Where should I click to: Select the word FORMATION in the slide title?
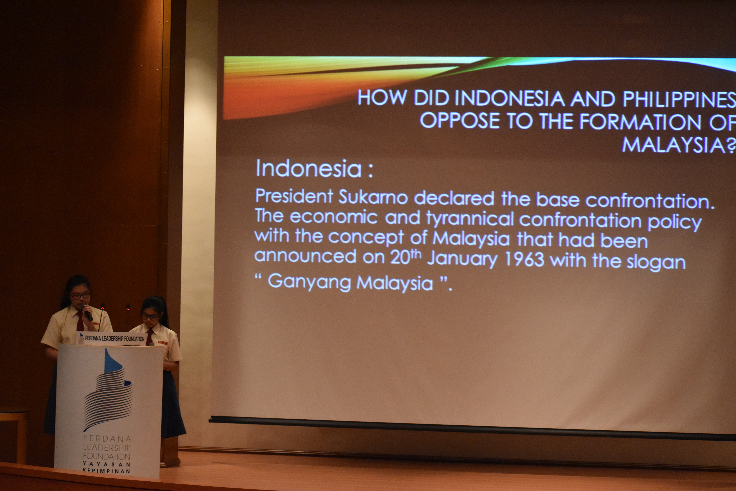coord(640,122)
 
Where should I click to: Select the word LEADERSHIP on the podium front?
coord(107,447)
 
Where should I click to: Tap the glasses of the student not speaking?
coord(150,317)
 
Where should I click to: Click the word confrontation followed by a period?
coord(650,201)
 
